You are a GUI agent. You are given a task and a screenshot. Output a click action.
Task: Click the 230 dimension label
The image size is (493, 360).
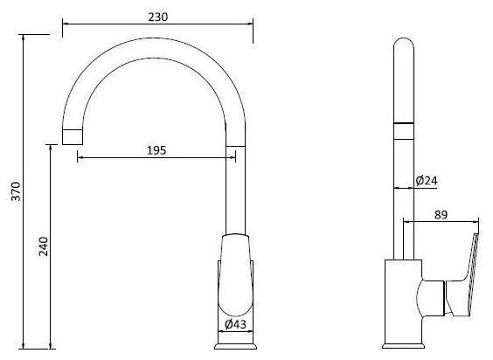[158, 17]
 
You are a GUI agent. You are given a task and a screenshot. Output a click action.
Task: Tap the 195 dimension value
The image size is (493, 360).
[156, 150]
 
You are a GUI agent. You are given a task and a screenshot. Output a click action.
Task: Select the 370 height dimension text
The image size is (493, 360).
[16, 191]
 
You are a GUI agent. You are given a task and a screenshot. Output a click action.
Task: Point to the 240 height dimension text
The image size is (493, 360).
[44, 246]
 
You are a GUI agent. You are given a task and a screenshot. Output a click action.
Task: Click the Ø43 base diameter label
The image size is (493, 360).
[235, 324]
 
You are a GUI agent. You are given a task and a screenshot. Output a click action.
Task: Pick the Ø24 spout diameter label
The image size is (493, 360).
[427, 181]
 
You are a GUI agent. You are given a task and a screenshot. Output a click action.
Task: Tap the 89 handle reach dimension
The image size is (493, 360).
[441, 215]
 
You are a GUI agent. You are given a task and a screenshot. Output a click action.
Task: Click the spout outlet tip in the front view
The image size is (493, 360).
[73, 137]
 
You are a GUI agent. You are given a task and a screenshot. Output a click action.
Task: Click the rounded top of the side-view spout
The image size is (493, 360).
[404, 44]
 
